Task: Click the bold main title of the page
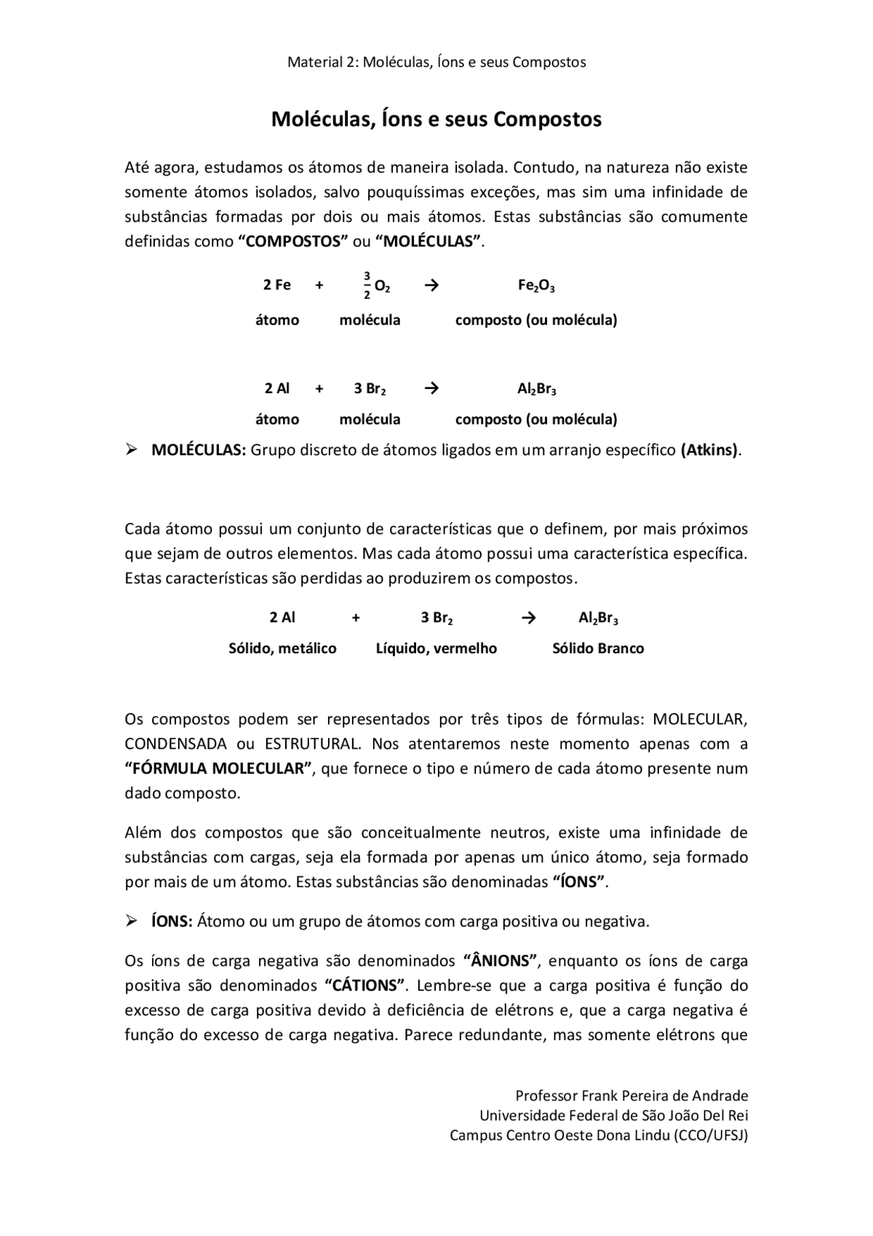436,119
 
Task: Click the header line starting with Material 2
436,62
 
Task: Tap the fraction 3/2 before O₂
367,285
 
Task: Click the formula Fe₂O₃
536,285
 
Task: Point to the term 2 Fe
277,285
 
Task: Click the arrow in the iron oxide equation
431,285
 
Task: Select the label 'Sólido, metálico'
282,648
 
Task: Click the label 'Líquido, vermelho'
436,648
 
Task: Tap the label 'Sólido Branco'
598,648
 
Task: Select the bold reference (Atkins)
709,450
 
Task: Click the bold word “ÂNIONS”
501,961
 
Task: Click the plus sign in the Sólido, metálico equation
356,618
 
